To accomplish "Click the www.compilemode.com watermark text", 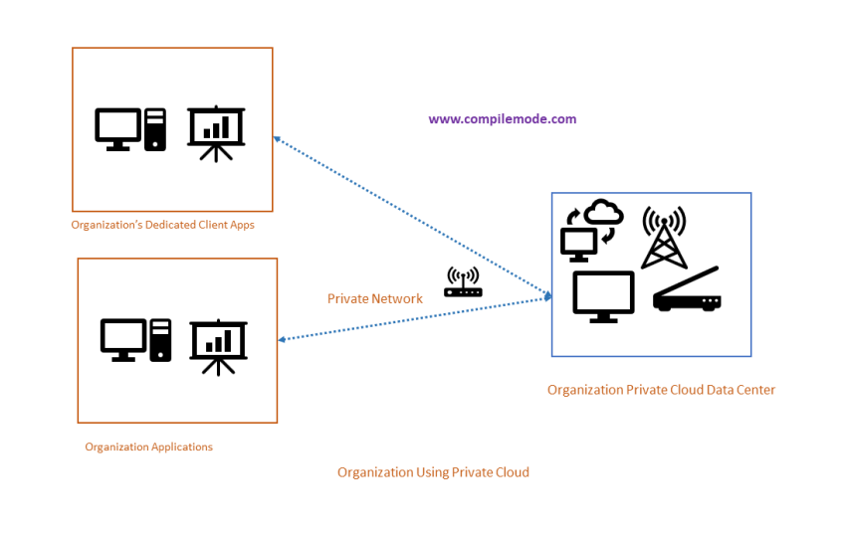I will pyautogui.click(x=502, y=119).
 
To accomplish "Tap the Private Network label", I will pyautogui.click(x=375, y=298).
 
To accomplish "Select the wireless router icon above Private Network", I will pyautogui.click(x=463, y=282).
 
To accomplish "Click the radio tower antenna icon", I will pyautogui.click(x=664, y=238).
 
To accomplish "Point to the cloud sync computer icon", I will pyautogui.click(x=591, y=228).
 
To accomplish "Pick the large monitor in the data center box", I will pyautogui.click(x=603, y=296).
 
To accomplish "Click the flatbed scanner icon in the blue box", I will pyautogui.click(x=687, y=290).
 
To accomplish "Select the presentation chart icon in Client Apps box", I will pyautogui.click(x=216, y=133).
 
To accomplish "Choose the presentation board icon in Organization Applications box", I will pyautogui.click(x=218, y=345).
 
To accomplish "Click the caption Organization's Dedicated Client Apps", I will pyautogui.click(x=162, y=225).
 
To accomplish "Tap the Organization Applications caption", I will pyautogui.click(x=148, y=447).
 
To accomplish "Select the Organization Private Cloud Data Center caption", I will pyautogui.click(x=661, y=390).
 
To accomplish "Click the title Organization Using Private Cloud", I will pyautogui.click(x=433, y=472).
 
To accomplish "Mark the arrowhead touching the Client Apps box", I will pyautogui.click(x=278, y=140).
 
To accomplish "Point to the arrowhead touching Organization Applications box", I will pyautogui.click(x=283, y=340).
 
